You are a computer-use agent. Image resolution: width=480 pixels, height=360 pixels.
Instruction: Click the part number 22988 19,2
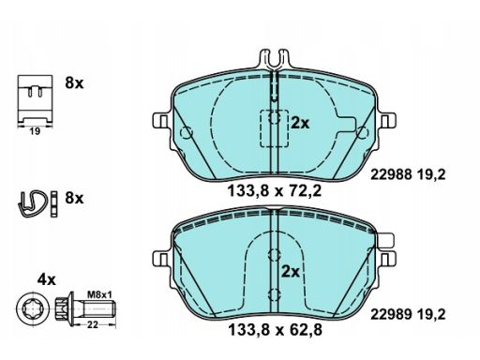pos(408,174)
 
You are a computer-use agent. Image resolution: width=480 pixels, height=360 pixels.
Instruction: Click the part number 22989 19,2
pos(408,315)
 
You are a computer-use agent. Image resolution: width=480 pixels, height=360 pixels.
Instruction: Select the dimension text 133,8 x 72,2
pos(275,191)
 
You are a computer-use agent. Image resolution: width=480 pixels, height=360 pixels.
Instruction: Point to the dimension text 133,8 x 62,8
pos(276,330)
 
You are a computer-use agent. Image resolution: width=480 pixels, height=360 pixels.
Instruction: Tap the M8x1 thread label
pos(99,294)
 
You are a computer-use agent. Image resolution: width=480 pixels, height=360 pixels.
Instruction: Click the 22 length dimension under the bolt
pos(93,325)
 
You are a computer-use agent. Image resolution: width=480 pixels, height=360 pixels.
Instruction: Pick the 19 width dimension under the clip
pos(35,131)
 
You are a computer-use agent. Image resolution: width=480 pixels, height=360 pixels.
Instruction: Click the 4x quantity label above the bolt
pos(47,279)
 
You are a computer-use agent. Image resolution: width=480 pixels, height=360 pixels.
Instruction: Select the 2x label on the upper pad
pos(300,123)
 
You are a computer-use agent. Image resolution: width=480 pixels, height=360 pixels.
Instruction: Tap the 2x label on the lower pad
pos(291,272)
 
